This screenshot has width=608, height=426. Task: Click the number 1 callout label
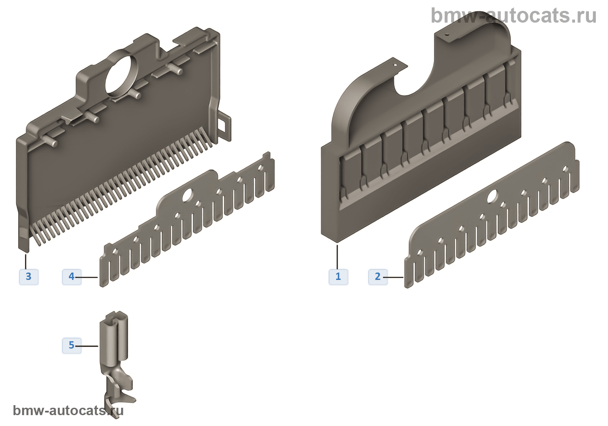(338, 277)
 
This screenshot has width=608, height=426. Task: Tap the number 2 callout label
(378, 277)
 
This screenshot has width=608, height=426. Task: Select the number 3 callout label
(29, 277)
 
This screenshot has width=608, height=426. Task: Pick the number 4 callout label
(72, 277)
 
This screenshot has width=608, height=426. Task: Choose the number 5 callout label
(72, 346)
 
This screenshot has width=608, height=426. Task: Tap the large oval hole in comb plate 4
(187, 196)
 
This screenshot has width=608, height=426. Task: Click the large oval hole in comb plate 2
(492, 196)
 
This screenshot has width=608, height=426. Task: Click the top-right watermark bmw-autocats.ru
(514, 16)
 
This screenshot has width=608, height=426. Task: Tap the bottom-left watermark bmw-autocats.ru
(68, 410)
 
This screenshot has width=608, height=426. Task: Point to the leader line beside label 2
(393, 277)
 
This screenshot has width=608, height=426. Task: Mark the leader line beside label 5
(86, 346)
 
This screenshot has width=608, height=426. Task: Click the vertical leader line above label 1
(337, 257)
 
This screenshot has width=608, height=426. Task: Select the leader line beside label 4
(86, 277)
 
